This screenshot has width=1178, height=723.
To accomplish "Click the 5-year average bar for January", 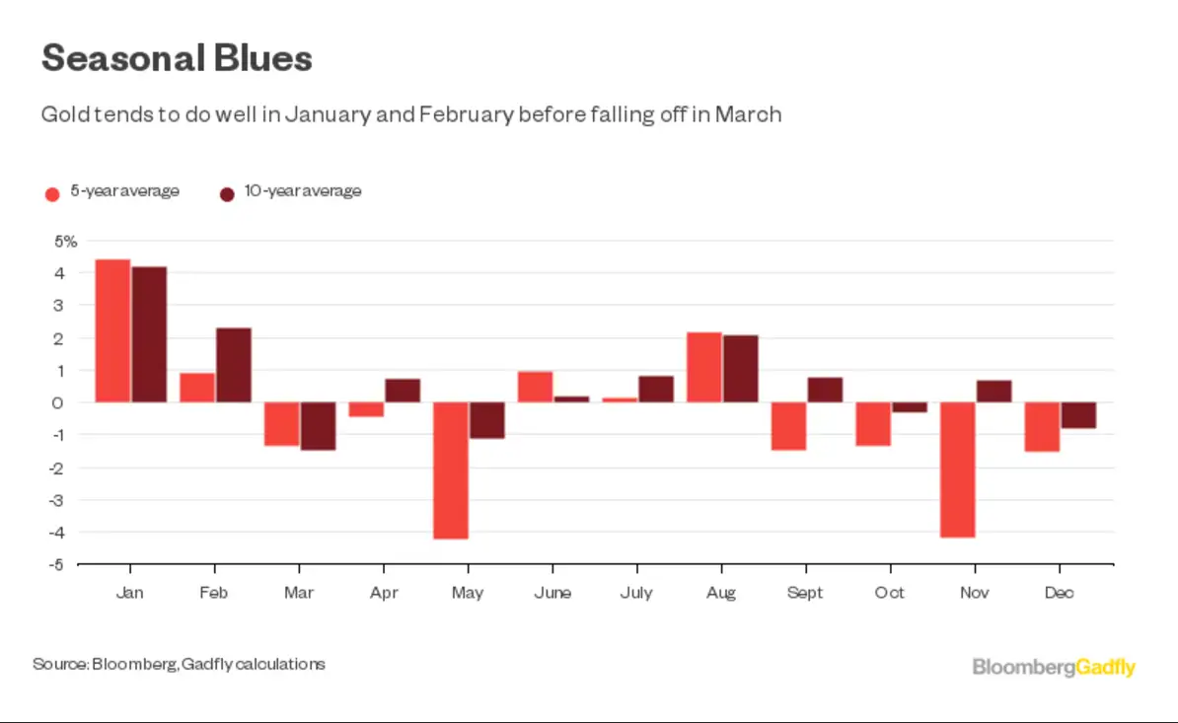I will point(112,330).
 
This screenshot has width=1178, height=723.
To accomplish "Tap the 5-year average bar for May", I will point(451,470).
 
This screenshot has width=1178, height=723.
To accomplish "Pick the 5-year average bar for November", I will point(958,470).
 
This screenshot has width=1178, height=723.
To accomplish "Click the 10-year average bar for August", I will point(741,369).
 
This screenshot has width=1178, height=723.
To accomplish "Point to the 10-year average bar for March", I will point(319,426).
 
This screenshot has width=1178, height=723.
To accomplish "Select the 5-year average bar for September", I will point(788,426).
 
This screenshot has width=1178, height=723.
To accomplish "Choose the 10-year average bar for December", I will point(1077,415).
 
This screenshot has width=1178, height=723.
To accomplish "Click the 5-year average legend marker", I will point(53,193).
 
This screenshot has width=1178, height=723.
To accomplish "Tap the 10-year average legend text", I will point(303,191).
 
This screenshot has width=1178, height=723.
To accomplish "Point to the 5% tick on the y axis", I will point(65,241).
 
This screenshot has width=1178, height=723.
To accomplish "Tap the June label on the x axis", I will point(552,594).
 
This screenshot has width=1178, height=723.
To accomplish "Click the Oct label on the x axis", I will point(891,594).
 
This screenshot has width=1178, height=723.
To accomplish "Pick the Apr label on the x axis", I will point(384,594).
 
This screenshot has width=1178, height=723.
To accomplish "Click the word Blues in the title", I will point(262,59).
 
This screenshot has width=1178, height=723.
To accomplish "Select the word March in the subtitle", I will point(748,114).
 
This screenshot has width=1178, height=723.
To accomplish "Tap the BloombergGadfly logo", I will point(1054,668).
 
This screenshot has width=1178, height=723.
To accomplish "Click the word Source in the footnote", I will point(59,664).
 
